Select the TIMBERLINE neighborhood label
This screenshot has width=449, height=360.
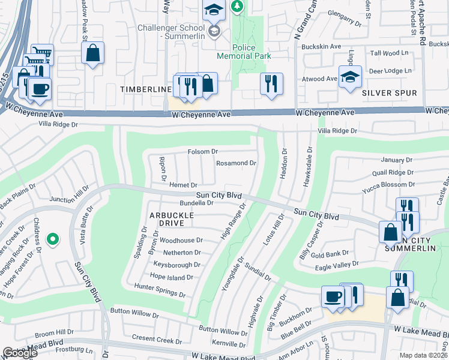click(x=146, y=89)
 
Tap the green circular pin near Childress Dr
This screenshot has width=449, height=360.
click(x=53, y=239)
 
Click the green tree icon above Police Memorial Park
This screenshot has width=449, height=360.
click(x=238, y=6)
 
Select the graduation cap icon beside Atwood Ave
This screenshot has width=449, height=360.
click(x=350, y=77)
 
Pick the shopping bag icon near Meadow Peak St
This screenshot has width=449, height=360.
click(x=93, y=53)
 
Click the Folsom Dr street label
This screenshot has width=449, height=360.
click(x=202, y=152)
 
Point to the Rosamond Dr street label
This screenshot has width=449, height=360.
click(x=236, y=163)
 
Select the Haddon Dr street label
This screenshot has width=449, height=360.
click(x=285, y=160)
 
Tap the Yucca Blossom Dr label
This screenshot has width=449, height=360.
click(x=388, y=185)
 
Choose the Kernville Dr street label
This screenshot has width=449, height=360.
click(x=230, y=343)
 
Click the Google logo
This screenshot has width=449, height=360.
click(x=20, y=353)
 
